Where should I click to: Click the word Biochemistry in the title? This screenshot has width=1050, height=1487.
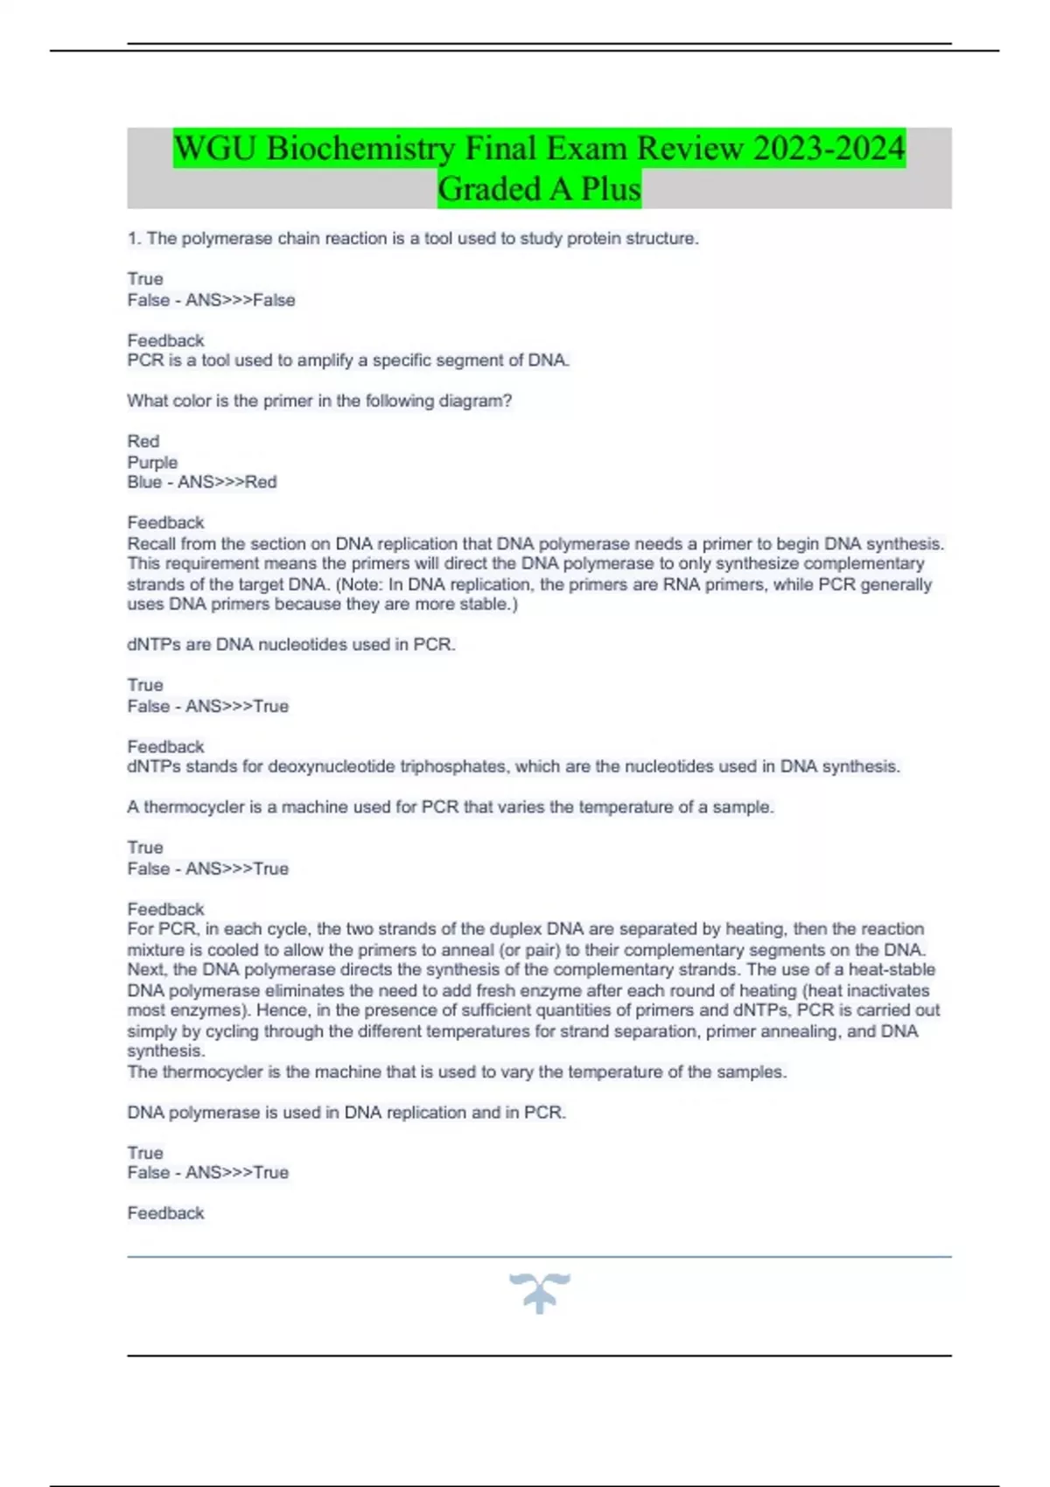tap(360, 148)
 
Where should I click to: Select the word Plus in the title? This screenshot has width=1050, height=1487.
tap(610, 188)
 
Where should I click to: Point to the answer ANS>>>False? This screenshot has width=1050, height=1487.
tap(240, 300)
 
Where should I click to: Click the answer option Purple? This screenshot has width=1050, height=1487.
tap(152, 462)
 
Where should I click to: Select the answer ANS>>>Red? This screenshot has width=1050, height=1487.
tap(227, 482)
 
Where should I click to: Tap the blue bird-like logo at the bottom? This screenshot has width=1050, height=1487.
tap(539, 1292)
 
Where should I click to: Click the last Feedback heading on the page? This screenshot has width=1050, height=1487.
tap(165, 1213)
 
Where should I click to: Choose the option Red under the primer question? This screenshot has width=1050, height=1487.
tap(143, 441)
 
